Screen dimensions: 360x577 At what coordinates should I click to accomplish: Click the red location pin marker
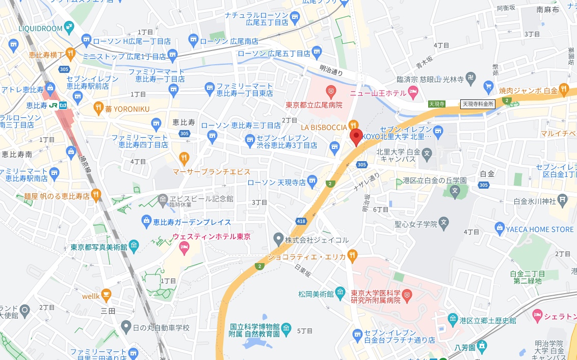pos(356,136)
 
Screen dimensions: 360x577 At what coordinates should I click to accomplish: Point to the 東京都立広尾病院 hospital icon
pos(331,92)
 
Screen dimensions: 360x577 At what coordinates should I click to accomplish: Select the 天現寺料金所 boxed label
pos(478,104)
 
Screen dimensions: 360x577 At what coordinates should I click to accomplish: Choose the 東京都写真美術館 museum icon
pos(134,247)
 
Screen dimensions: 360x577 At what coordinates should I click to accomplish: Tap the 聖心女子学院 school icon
pos(444,223)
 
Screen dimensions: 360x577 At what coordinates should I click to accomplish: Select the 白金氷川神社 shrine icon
pos(562,199)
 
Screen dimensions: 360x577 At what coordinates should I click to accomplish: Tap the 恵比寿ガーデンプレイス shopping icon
pos(146,222)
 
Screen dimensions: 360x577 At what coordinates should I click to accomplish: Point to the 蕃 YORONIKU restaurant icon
pos(99,108)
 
